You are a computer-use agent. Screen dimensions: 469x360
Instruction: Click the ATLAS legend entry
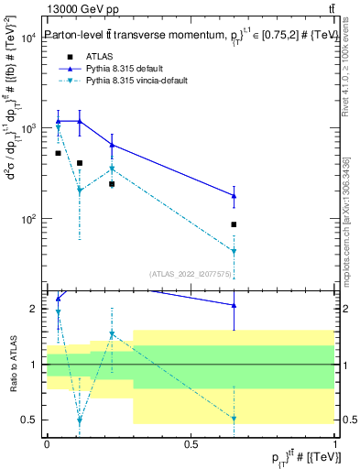99,56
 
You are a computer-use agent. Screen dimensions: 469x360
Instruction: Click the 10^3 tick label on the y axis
27,129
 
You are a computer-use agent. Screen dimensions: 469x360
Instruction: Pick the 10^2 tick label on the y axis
27,220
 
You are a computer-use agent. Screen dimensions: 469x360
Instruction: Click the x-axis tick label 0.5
191,443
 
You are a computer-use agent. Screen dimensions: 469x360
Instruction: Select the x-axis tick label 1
334,443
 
